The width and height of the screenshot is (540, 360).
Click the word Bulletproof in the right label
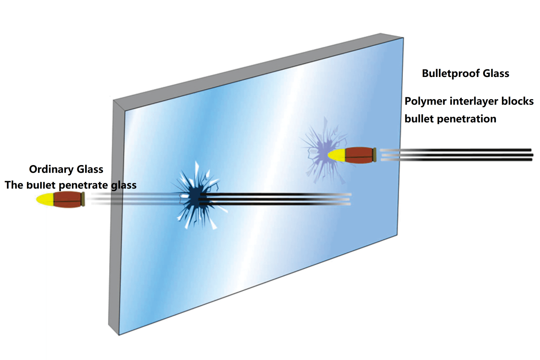point(451,74)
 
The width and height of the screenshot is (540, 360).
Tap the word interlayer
point(469,101)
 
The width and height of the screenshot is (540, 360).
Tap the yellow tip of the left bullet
point(44,199)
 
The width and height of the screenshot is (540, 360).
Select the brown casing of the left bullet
point(67,199)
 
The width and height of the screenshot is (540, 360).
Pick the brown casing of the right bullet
point(359,155)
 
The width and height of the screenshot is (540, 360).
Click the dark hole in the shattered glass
point(195,198)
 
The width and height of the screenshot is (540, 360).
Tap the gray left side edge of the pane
point(112,214)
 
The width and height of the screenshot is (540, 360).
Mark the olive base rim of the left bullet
point(83,199)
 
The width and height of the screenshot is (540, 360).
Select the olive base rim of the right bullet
point(375,155)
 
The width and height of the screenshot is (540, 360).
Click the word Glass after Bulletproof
point(496,74)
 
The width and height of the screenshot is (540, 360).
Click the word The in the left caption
point(13,185)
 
